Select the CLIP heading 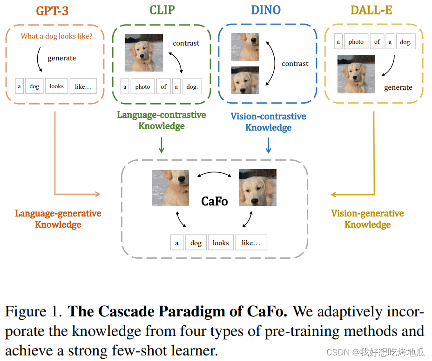[x=162, y=11]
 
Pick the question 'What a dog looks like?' [x=56, y=36]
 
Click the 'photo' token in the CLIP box [x=142, y=86]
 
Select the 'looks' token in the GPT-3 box [x=57, y=86]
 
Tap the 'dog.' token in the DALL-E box [x=405, y=42]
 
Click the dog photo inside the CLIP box [x=144, y=53]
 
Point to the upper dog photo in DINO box [x=245, y=47]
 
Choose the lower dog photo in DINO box [x=245, y=80]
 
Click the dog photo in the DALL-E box [x=356, y=74]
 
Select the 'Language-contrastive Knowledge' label [x=162, y=120]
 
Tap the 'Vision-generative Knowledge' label [x=367, y=219]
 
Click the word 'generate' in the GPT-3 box [x=62, y=58]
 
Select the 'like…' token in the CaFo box [x=251, y=243]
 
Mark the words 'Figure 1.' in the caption [x=34, y=312]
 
